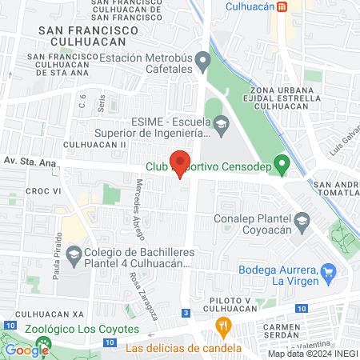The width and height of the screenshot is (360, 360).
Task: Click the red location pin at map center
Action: [x=180, y=162]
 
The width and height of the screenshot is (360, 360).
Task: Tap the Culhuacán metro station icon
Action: [x=282, y=7]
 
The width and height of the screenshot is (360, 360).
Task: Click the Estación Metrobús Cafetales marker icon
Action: [x=203, y=61]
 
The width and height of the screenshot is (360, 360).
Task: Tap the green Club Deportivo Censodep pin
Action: [x=281, y=166]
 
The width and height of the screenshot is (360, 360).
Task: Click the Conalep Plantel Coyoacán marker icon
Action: [x=302, y=219]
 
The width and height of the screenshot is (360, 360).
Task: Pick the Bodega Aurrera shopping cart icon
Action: [x=327, y=274]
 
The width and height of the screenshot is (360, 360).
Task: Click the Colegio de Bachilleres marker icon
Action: [x=74, y=256]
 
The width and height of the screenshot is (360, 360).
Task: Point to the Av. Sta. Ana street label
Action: [x=30, y=162]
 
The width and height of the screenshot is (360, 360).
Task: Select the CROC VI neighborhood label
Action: [x=44, y=192]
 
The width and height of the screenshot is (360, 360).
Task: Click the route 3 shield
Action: [x=186, y=313]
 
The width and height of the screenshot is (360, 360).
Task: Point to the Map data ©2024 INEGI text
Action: [x=311, y=354]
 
